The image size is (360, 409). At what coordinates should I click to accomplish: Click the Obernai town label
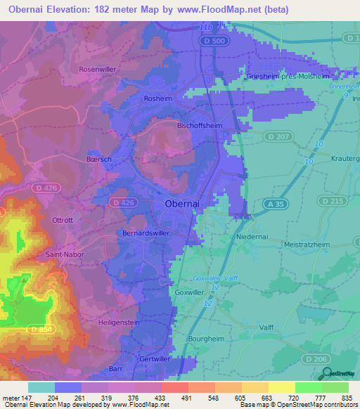[186, 203]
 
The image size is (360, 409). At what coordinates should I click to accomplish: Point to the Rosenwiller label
[97, 69]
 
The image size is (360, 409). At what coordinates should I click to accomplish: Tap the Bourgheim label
[207, 339]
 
